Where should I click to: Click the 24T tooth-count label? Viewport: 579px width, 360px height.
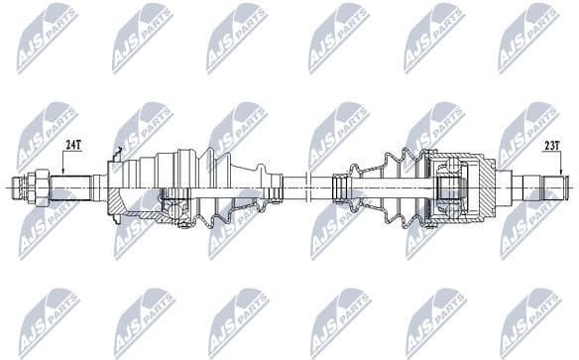pyautogui.click(x=71, y=145)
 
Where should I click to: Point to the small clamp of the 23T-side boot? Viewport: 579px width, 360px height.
pyautogui.click(x=341, y=185)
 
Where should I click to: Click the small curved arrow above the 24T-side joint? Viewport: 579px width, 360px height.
pyautogui.click(x=120, y=153)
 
